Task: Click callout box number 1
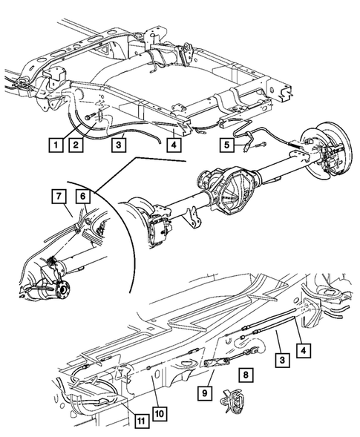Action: pyautogui.click(x=56, y=145)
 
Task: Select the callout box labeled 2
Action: pyautogui.click(x=76, y=145)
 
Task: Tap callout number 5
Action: pyautogui.click(x=226, y=145)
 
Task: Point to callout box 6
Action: pyautogui.click(x=83, y=197)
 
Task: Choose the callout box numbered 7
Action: pyautogui.click(x=59, y=196)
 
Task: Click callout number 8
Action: pyautogui.click(x=246, y=374)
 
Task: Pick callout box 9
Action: pyautogui.click(x=205, y=393)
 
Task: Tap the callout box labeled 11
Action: pyautogui.click(x=142, y=421)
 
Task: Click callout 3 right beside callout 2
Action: pyautogui.click(x=119, y=145)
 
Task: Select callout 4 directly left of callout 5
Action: pyautogui.click(x=174, y=145)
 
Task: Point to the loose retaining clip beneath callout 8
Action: pyautogui.click(x=233, y=400)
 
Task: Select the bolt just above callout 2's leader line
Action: pyautogui.click(x=88, y=117)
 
